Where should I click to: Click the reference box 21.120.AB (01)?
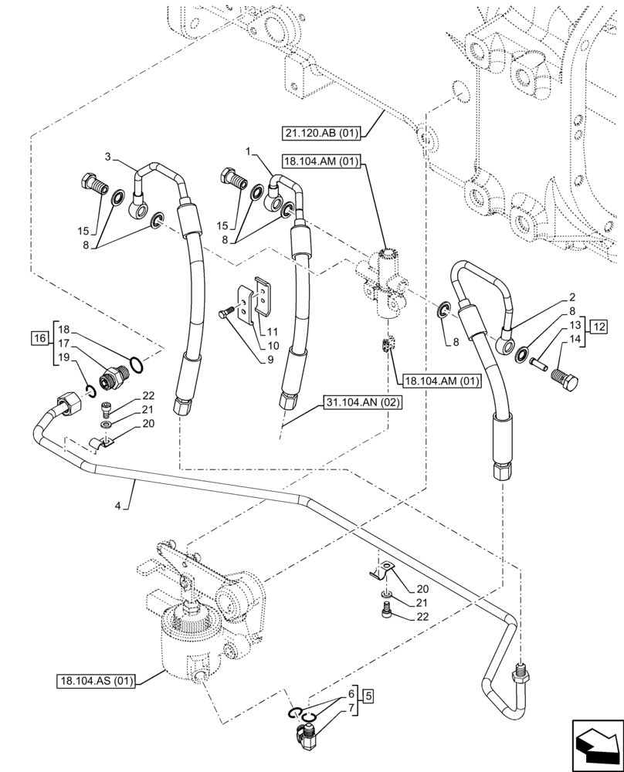tap(320, 133)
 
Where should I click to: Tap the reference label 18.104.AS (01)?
tap(96, 681)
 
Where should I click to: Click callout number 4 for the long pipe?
tap(118, 506)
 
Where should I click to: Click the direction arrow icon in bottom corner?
tap(595, 742)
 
